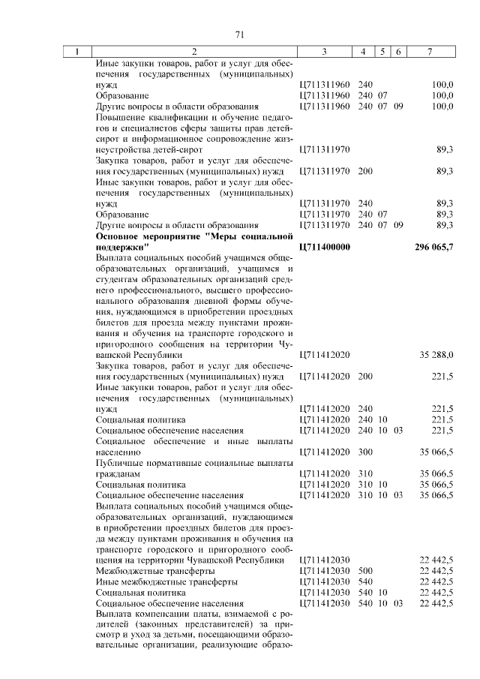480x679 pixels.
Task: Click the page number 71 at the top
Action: (x=240, y=34)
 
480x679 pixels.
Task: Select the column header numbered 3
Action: (x=324, y=52)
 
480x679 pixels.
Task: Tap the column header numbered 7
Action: (x=429, y=52)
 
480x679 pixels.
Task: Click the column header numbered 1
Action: (x=76, y=52)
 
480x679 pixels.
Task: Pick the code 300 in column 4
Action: (x=365, y=452)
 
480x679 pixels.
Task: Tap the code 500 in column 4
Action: (x=365, y=571)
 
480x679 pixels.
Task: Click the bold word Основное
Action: (x=120, y=236)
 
